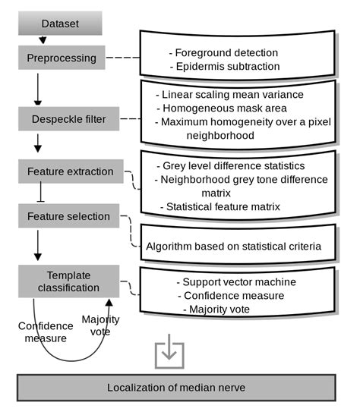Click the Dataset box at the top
pyautogui.click(x=60, y=23)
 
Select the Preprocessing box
pyautogui.click(x=60, y=58)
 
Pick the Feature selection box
pyautogui.click(x=69, y=216)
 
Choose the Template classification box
pyautogui.click(x=69, y=281)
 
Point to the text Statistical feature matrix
pyautogui.click(x=220, y=206)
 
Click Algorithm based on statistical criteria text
pyautogui.click(x=234, y=246)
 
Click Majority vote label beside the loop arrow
pyautogui.click(x=101, y=326)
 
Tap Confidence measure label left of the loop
pyautogui.click(x=46, y=332)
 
